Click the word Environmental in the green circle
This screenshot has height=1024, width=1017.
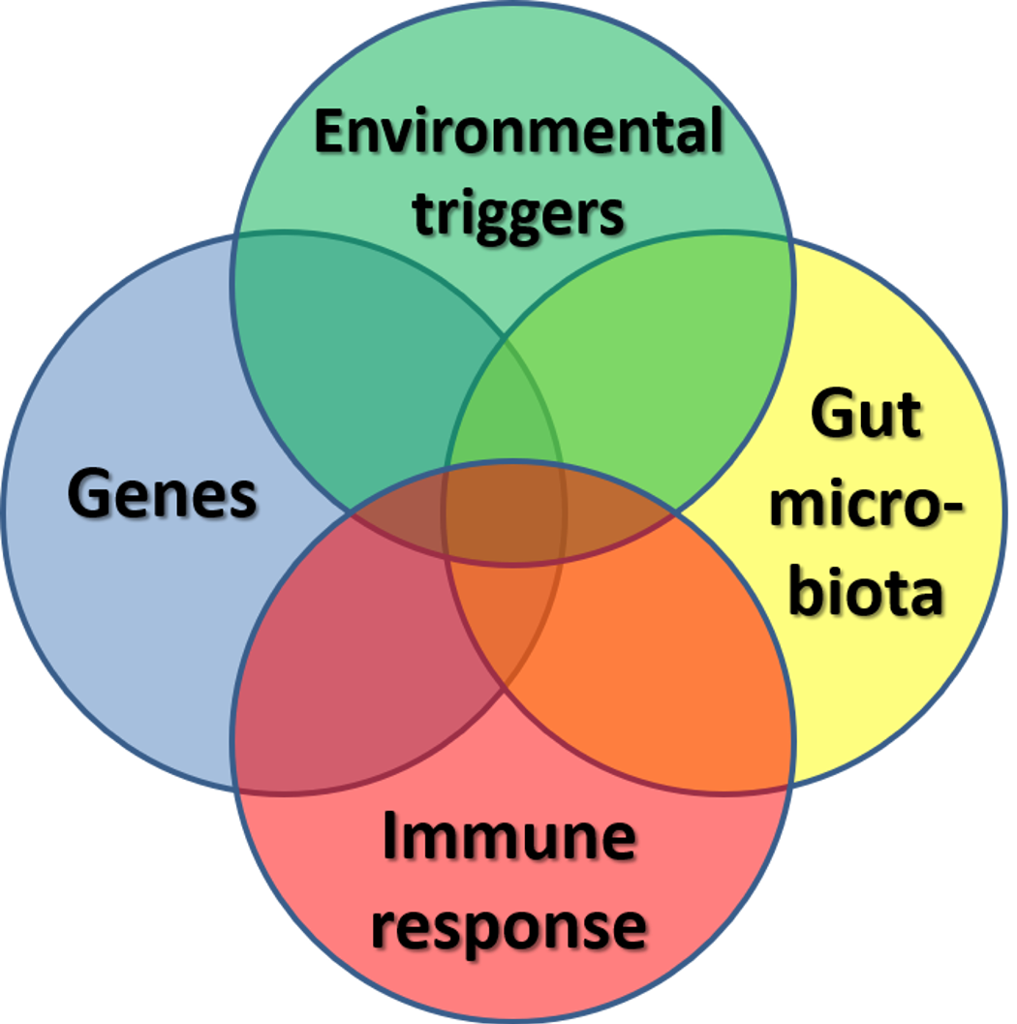(x=518, y=133)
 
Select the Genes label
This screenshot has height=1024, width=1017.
(x=162, y=494)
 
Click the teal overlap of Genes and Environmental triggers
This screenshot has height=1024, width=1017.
(x=358, y=368)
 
